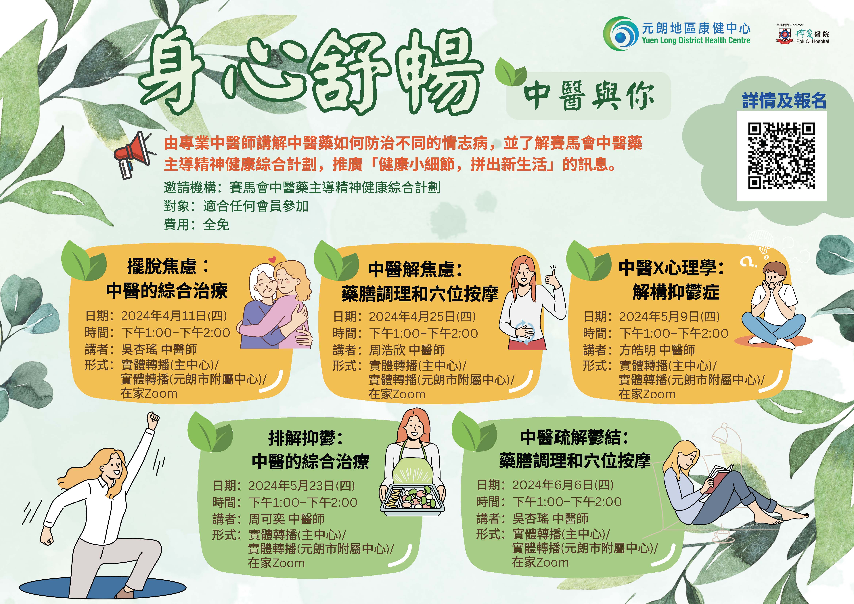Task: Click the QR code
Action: tap(782, 156)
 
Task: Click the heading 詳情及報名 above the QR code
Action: tap(784, 101)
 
